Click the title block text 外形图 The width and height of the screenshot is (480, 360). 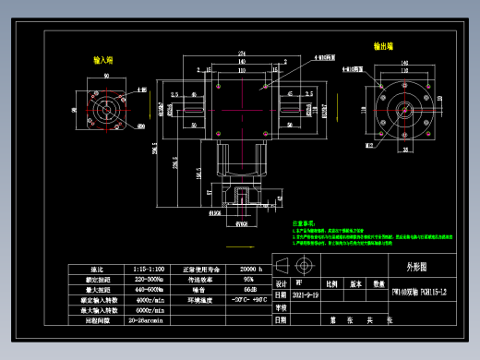click(417, 266)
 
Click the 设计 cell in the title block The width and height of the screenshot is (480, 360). click(282, 284)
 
